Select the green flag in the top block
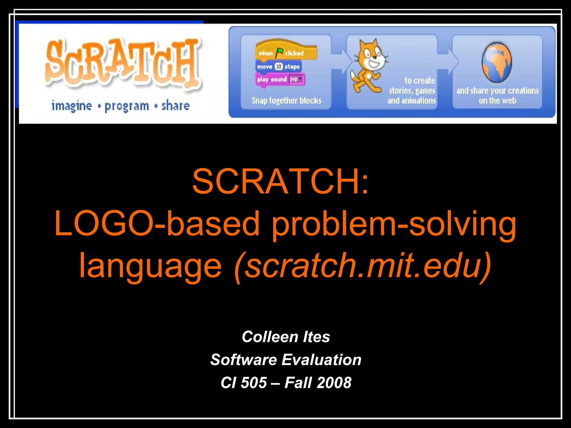tap(279, 52)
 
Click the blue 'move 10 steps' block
tap(278, 67)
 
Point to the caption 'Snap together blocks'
tap(286, 100)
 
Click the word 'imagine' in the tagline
tap(72, 106)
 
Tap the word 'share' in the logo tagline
tap(175, 106)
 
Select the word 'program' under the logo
tap(127, 106)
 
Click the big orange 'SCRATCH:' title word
tap(280, 181)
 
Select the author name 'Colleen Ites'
tap(286, 337)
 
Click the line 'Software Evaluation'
tap(286, 360)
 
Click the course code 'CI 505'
tap(244, 383)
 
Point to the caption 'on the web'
tap(497, 100)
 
